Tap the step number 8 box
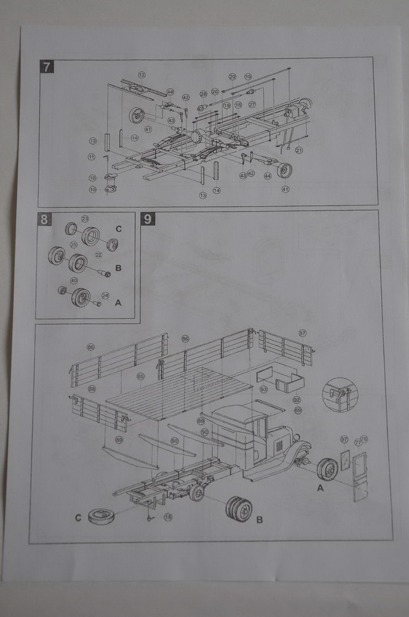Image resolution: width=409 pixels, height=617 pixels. coord(44,219)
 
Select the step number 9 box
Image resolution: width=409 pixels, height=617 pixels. coord(147,219)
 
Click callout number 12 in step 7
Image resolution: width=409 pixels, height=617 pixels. coord(142,75)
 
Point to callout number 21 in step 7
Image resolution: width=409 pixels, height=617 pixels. coord(299,150)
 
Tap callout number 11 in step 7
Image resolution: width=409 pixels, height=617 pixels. coord(92,157)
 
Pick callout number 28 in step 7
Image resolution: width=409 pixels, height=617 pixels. coord(203,94)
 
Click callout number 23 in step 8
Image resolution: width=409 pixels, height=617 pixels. coord(85,218)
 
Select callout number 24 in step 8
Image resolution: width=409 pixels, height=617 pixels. coord(105,295)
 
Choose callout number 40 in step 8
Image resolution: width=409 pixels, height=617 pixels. coord(74,280)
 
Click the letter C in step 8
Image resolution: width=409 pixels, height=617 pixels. coord(119,229)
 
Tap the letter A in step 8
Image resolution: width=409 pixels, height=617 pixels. coord(119,303)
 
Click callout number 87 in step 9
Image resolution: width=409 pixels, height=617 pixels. coord(302,333)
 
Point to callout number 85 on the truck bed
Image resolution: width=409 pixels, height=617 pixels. coord(140,376)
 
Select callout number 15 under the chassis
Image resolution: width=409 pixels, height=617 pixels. coord(168,517)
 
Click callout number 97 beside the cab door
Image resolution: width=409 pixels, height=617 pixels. coord(344,439)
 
